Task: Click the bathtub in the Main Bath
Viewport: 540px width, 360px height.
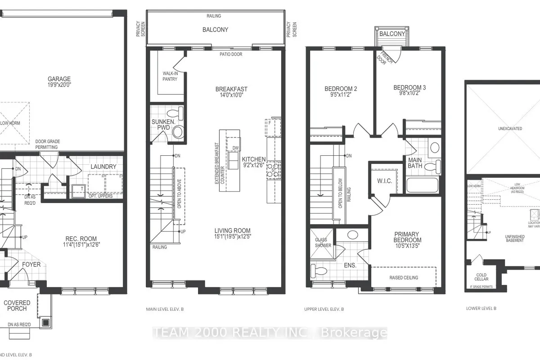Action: point(422,185)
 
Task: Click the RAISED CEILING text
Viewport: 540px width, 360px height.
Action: point(404,278)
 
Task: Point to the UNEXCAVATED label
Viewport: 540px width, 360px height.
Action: point(510,128)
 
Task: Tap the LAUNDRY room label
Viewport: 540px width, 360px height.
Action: point(103,166)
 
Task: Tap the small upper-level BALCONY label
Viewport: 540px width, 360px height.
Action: point(392,34)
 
